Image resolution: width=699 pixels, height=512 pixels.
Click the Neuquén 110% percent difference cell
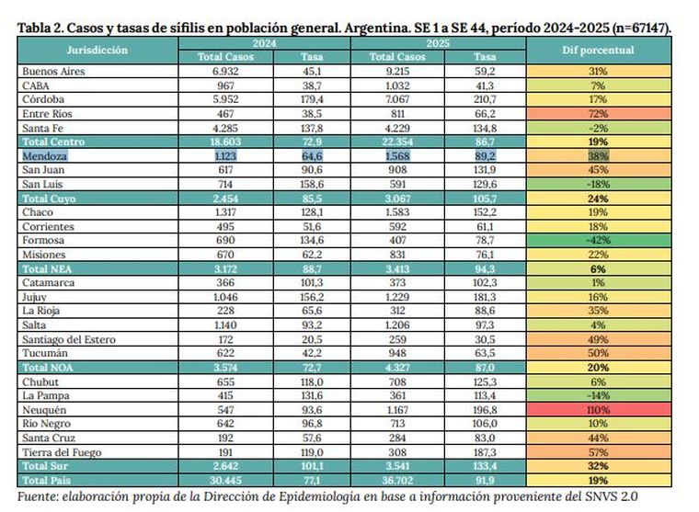click(x=599, y=407)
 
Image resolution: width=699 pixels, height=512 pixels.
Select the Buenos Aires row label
click(x=54, y=70)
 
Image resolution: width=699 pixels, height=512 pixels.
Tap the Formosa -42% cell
click(x=599, y=241)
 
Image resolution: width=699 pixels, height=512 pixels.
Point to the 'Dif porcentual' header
click(x=599, y=50)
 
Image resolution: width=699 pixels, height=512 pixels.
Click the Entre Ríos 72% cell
click(x=599, y=113)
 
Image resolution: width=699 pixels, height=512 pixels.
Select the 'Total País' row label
click(x=48, y=480)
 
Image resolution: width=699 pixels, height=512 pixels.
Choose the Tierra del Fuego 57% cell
click(x=599, y=451)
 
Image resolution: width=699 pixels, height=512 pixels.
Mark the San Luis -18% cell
click(x=599, y=185)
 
